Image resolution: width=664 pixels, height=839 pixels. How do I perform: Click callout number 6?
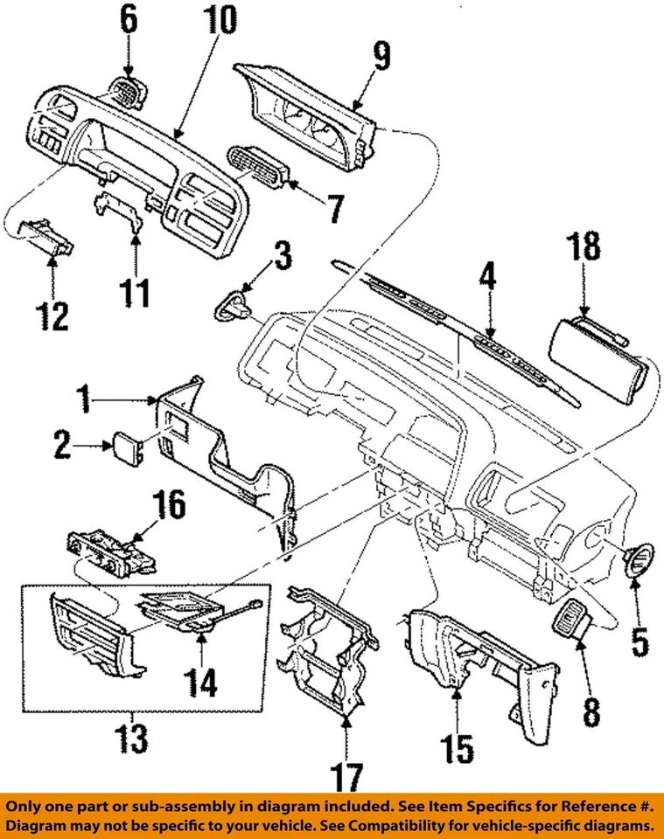coord(129,19)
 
